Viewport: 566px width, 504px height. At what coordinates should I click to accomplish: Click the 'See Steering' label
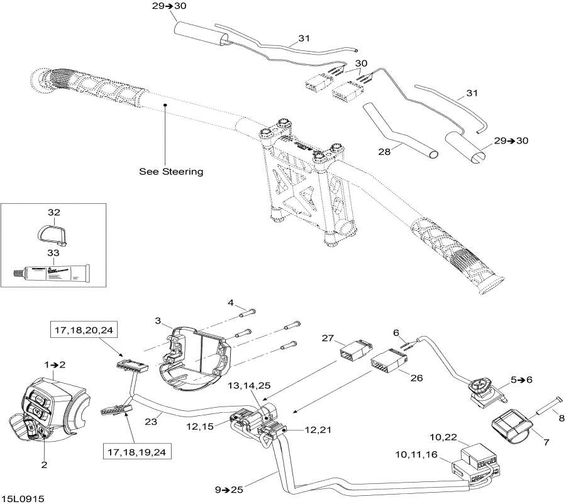coord(171,171)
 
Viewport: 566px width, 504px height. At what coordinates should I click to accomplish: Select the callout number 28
coord(384,152)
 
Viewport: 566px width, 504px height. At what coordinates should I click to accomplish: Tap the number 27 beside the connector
coord(328,338)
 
